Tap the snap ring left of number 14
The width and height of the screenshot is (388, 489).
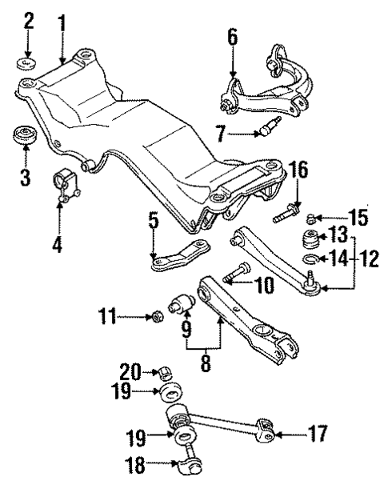(311, 259)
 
